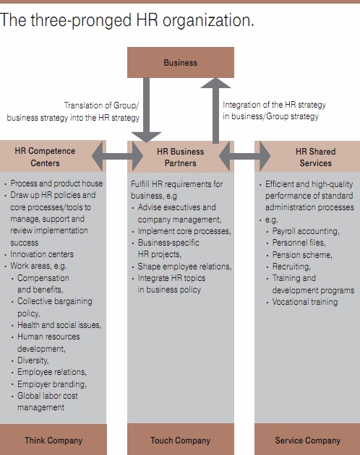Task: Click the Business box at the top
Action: (181, 62)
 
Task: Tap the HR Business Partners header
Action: (181, 157)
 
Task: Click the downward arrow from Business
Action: (147, 110)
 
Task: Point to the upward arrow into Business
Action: (215, 110)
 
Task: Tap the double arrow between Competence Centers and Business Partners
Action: (117, 156)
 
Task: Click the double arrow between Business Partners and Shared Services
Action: (244, 156)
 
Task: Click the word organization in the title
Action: (208, 20)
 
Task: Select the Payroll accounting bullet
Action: (306, 231)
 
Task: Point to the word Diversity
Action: (33, 360)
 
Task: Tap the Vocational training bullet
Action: (305, 302)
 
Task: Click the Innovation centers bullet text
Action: (42, 254)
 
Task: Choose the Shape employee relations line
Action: (184, 266)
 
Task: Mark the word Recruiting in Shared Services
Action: (291, 266)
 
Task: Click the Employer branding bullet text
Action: (52, 384)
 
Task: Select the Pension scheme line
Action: (302, 254)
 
